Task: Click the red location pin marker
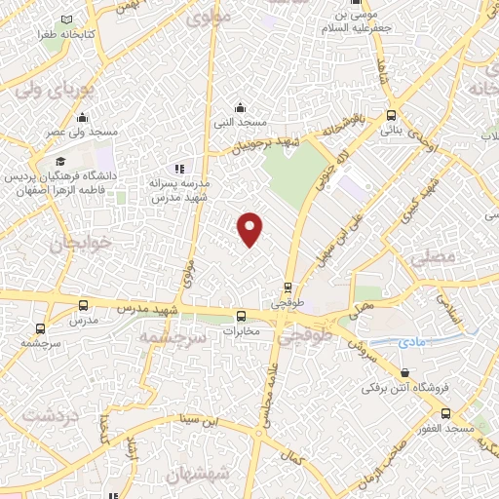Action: pyautogui.click(x=250, y=228)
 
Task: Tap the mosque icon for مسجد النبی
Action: pyautogui.click(x=240, y=107)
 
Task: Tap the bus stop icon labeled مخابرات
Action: pyautogui.click(x=241, y=315)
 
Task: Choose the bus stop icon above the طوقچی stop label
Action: pyautogui.click(x=288, y=288)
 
